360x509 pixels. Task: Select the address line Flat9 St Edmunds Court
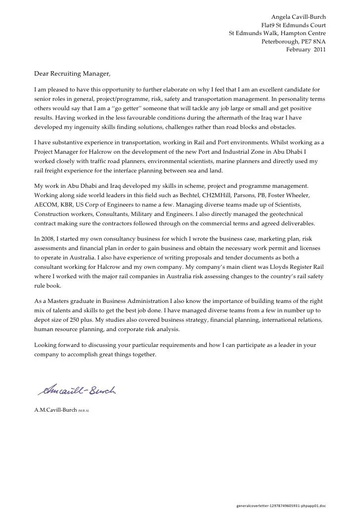tap(293, 25)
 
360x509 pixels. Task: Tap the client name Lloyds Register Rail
tap(295, 266)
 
